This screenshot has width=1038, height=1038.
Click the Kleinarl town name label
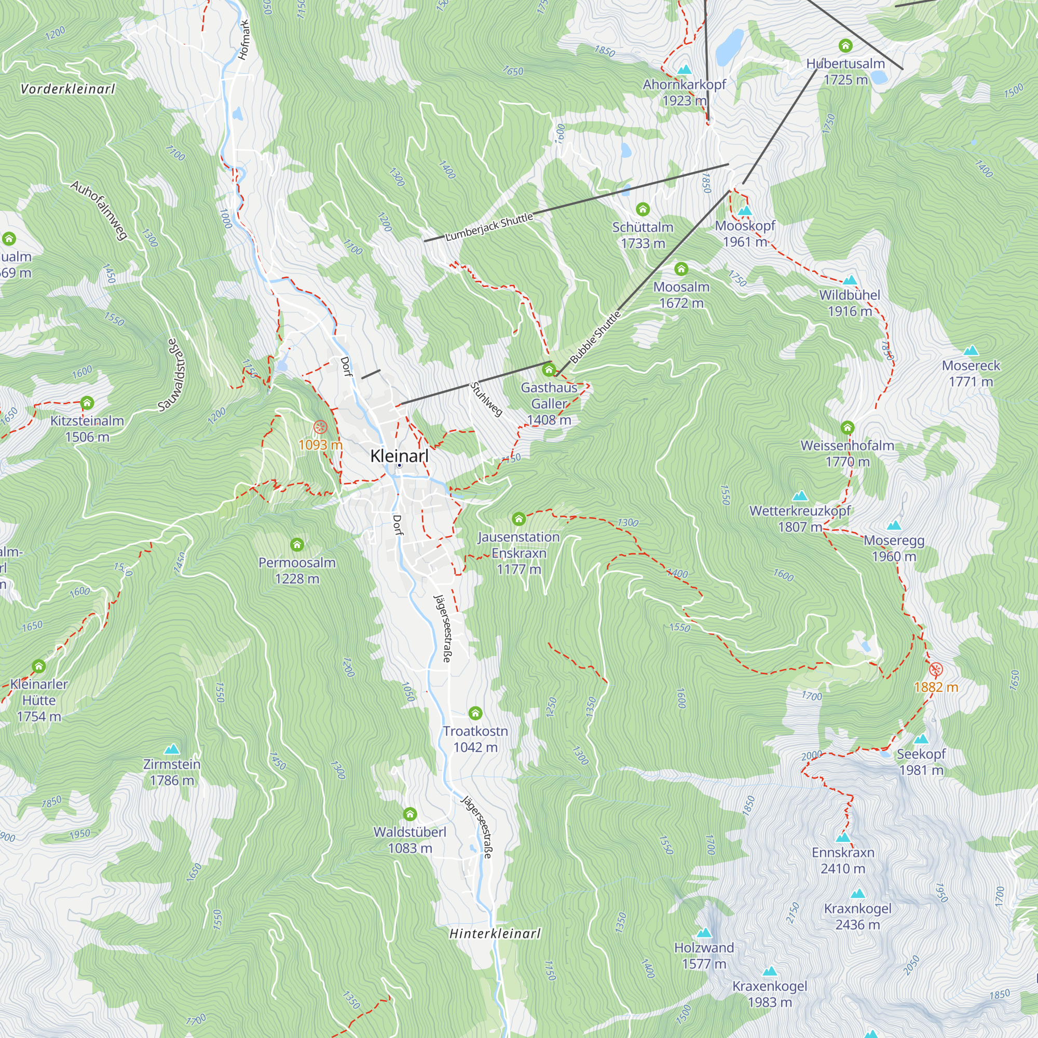click(399, 456)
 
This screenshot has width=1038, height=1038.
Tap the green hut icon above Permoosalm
click(297, 545)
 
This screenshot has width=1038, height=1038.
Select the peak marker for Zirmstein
click(171, 749)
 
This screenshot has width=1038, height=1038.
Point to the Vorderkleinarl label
click(67, 89)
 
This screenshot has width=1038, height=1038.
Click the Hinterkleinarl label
click(495, 934)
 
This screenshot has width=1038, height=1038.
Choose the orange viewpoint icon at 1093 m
click(320, 428)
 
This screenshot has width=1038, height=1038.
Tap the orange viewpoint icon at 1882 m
click(936, 670)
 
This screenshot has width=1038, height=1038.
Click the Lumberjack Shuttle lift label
click(489, 226)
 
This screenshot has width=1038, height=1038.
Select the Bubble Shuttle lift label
click(595, 337)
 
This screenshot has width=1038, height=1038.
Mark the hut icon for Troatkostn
click(475, 713)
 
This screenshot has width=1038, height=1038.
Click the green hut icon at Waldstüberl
click(410, 814)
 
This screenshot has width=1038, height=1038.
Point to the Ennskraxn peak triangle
click(843, 838)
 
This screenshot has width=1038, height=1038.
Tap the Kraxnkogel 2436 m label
click(857, 917)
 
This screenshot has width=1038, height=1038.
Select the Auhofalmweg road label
click(100, 210)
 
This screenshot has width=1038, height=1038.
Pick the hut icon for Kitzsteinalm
click(87, 403)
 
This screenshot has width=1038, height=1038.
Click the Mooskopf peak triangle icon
click(745, 211)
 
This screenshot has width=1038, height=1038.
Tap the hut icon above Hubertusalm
click(845, 46)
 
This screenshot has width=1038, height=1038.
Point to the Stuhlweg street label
click(486, 399)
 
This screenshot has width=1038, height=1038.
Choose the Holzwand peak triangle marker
click(704, 933)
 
